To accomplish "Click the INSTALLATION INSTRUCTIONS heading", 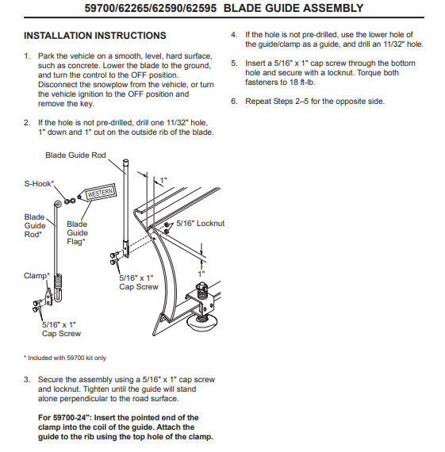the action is pyautogui.click(x=95, y=36).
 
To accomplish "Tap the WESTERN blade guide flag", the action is pyautogui.click(x=98, y=193).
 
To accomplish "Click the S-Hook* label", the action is pyautogui.click(x=39, y=184).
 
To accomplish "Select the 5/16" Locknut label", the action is pyautogui.click(x=201, y=223).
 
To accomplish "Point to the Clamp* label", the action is pyautogui.click(x=36, y=276).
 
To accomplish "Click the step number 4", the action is pyautogui.click(x=234, y=35).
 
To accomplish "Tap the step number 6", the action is pyautogui.click(x=234, y=102).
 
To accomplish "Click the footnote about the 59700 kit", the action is pyautogui.click(x=65, y=358).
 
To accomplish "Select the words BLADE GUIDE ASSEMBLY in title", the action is pyautogui.click(x=293, y=8).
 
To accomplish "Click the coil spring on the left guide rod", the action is pyautogui.click(x=58, y=282).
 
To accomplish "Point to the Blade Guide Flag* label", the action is pyautogui.click(x=77, y=233).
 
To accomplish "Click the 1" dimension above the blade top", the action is pyautogui.click(x=163, y=181).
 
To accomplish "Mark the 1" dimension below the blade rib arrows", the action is pyautogui.click(x=201, y=274).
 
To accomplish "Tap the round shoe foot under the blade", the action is pyautogui.click(x=201, y=324).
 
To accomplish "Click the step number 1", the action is pyautogui.click(x=27, y=56).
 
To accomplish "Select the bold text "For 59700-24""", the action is pyautogui.click(x=65, y=418).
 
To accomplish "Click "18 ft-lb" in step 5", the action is pyautogui.click(x=302, y=82).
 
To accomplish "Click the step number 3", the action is pyautogui.click(x=27, y=380).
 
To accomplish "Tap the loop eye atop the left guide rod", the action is pyautogui.click(x=58, y=205).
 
